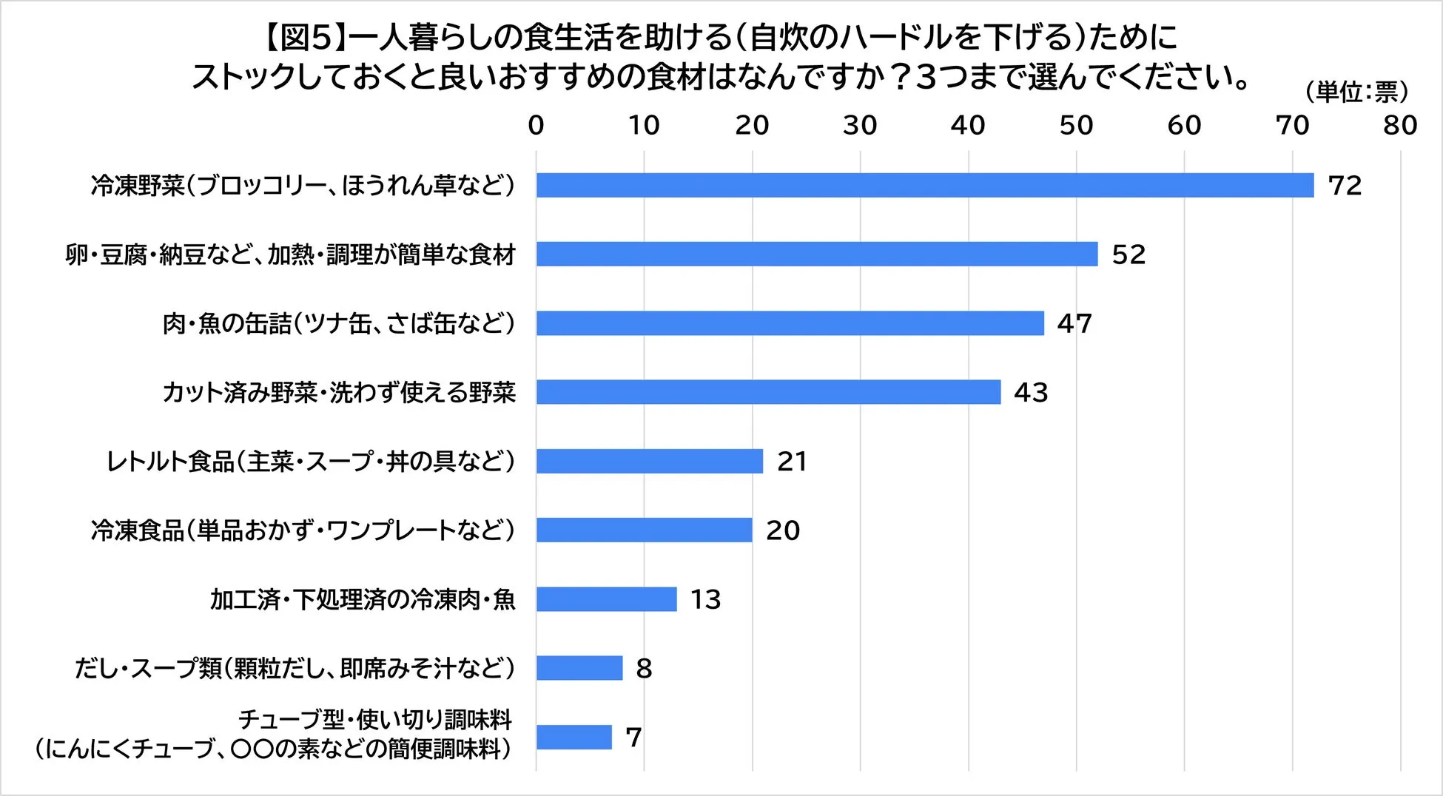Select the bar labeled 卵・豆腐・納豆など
point(817,254)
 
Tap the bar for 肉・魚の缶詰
point(790,323)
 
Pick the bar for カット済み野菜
point(768,392)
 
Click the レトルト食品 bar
point(649,461)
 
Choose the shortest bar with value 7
point(574,737)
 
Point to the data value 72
point(1345,186)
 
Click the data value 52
point(1128,254)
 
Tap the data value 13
point(705,599)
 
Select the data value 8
point(644,669)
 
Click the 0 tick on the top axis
point(536,126)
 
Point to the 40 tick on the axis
point(968,126)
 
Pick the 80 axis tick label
point(1400,126)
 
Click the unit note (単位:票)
point(1356,92)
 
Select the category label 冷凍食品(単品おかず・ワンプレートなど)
point(303,530)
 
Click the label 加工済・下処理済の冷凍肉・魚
point(363,599)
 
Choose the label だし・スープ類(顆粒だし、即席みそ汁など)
point(295,669)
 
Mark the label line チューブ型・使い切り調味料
point(374,720)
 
